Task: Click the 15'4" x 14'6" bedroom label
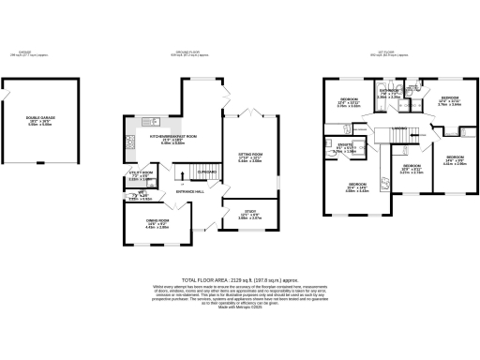357,187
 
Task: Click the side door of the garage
5,93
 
